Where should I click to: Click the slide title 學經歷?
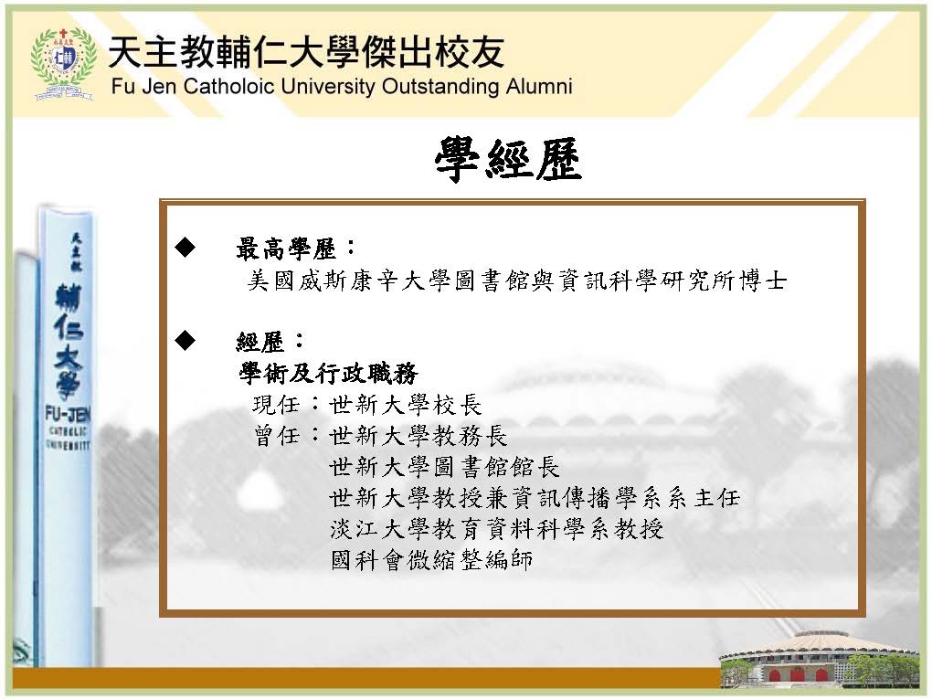pyautogui.click(x=508, y=159)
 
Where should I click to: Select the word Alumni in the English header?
pyautogui.click(x=539, y=86)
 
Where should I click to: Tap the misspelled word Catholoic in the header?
pyautogui.click(x=228, y=86)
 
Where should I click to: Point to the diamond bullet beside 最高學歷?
pyautogui.click(x=185, y=247)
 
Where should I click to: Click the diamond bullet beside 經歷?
pyautogui.click(x=185, y=340)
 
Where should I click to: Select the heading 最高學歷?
pyautogui.click(x=287, y=249)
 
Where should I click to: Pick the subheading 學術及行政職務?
pyautogui.click(x=329, y=374)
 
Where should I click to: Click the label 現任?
pyautogui.click(x=276, y=406)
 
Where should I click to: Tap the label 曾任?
pyautogui.click(x=276, y=436)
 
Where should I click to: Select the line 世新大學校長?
pyautogui.click(x=406, y=406)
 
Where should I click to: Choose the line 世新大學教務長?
pyautogui.click(x=418, y=436)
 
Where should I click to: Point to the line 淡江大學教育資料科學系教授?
pyautogui.click(x=497, y=529)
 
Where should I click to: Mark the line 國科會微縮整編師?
pyautogui.click(x=431, y=560)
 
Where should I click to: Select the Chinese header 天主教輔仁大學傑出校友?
pyautogui.click(x=307, y=52)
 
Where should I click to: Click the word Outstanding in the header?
pyautogui.click(x=441, y=86)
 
